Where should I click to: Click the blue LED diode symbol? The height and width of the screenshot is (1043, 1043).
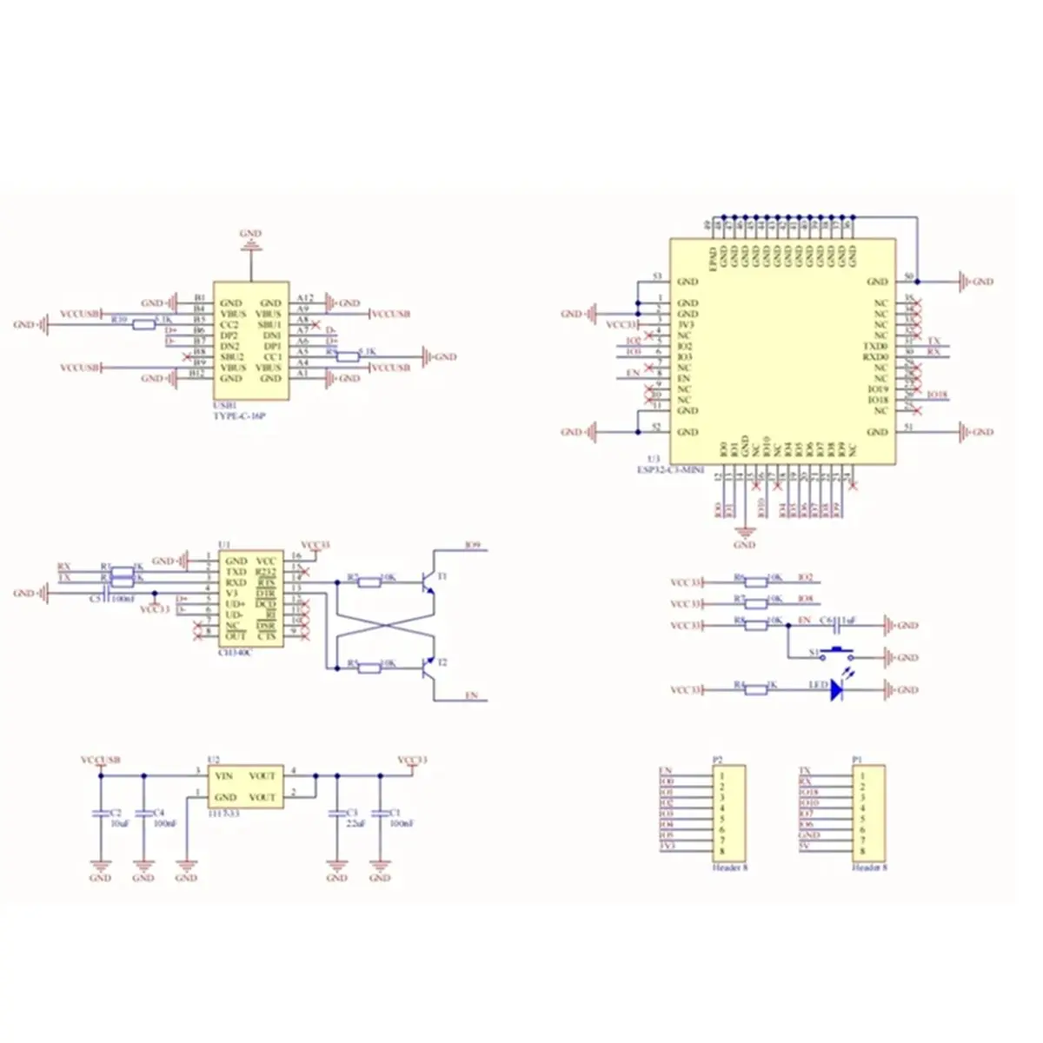838,690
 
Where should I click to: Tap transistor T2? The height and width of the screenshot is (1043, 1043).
427,668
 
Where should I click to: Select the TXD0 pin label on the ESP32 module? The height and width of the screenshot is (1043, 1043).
875,346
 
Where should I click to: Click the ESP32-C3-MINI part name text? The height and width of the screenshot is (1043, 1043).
674,469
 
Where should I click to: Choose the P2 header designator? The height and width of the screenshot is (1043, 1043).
717,759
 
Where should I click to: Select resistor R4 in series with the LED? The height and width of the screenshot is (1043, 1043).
755,689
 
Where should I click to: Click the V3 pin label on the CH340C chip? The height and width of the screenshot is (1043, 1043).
230,593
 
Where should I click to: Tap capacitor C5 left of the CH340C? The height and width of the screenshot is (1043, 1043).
103,597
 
